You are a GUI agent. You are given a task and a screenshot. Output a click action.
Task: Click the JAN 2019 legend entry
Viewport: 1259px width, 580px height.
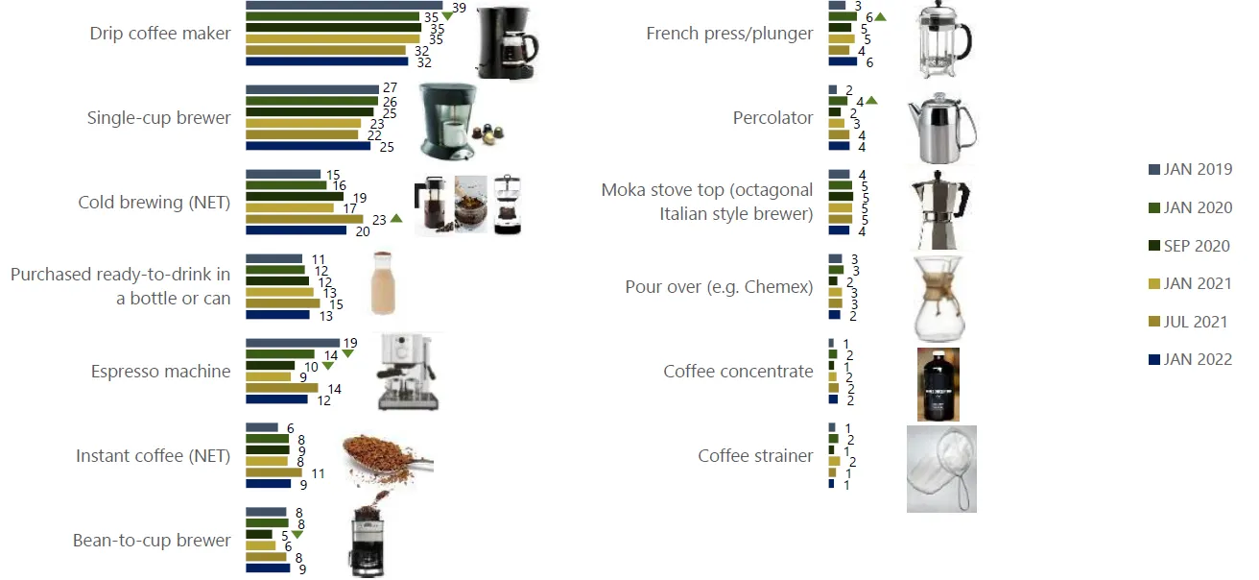(1191, 169)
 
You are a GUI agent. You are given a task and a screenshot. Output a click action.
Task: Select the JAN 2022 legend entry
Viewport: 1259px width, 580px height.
(1191, 359)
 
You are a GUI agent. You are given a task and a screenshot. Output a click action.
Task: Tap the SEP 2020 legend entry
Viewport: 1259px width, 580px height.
(1189, 246)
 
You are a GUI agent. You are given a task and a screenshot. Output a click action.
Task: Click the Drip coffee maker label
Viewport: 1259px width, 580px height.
(160, 34)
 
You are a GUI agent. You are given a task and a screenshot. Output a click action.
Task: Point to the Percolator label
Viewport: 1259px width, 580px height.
(772, 117)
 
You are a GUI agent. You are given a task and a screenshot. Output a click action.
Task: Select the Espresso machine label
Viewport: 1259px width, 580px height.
(161, 372)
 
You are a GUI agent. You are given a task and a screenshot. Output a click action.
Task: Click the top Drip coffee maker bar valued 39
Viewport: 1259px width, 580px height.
(344, 6)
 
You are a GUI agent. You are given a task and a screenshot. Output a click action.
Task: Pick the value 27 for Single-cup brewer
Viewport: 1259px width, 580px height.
(390, 87)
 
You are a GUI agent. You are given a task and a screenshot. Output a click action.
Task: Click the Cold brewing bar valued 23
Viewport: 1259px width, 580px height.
(304, 219)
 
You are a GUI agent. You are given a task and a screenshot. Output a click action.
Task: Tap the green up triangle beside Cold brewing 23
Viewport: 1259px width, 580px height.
(396, 218)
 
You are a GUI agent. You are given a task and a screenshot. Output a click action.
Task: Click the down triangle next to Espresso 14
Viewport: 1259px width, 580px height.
(348, 353)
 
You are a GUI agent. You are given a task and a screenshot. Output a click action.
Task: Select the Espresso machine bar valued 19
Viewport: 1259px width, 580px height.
(293, 343)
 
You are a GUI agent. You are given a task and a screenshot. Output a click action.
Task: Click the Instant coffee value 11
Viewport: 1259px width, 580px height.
(319, 473)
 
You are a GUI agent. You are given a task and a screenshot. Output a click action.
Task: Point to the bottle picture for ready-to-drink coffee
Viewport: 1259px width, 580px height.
(383, 283)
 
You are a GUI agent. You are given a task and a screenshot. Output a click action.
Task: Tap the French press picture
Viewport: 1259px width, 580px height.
(941, 38)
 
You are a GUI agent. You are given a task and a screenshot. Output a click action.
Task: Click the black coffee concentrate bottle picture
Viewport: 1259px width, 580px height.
(938, 384)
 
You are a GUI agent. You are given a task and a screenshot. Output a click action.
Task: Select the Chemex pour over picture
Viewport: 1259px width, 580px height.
(939, 298)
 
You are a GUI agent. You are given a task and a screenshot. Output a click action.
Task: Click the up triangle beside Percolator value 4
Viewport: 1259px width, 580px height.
(871, 101)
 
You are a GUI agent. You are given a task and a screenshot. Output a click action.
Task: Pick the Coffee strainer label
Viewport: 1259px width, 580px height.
(755, 456)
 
